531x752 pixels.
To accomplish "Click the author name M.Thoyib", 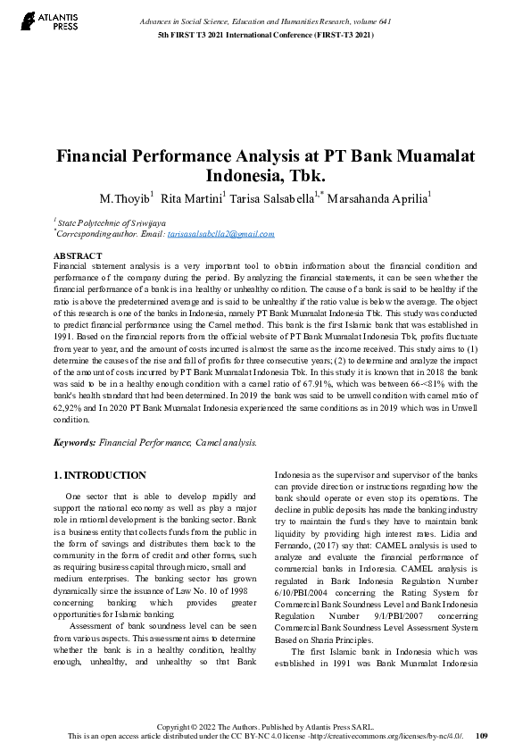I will [124, 197].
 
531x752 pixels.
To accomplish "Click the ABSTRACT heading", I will [77, 256].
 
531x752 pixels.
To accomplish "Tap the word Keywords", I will [74, 442].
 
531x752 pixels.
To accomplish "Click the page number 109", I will [482, 737].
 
